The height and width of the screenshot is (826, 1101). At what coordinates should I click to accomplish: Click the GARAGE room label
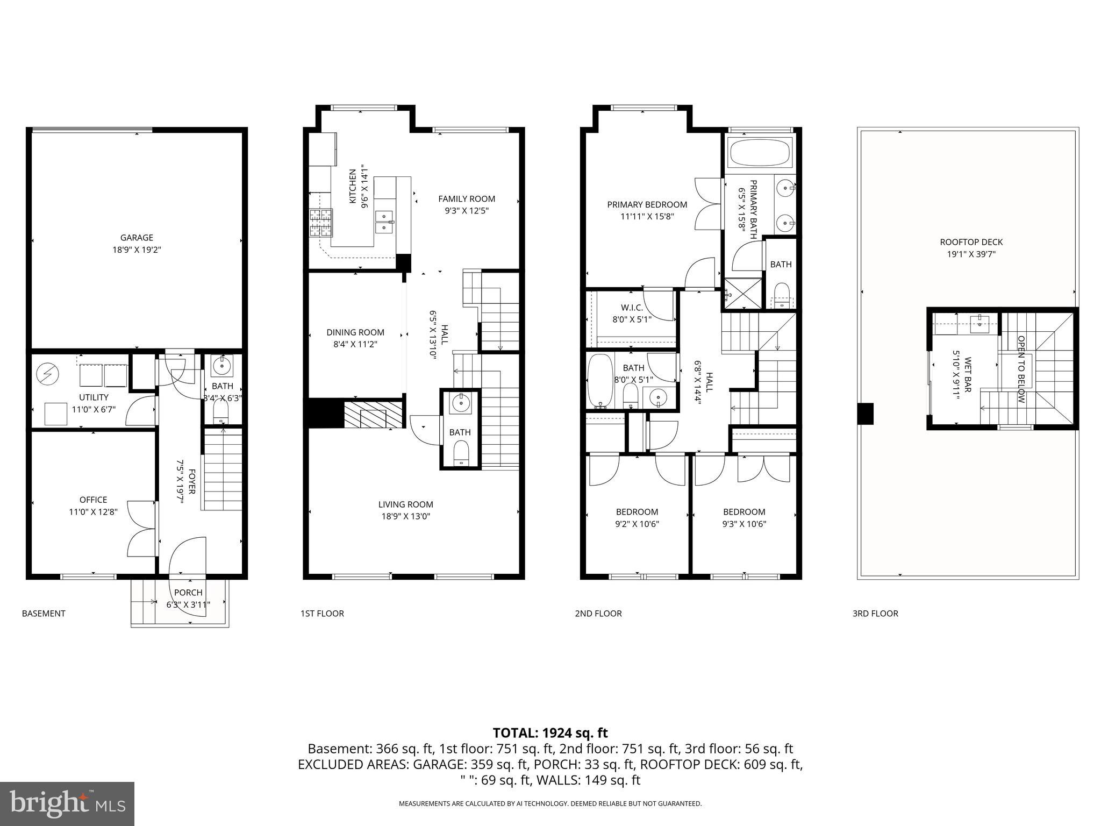(x=137, y=237)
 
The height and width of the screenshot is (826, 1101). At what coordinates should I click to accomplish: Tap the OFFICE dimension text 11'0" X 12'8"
(x=93, y=512)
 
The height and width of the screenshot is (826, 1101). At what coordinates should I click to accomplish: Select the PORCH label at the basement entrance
(x=188, y=592)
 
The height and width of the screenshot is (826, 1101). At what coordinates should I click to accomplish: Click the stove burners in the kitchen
(x=320, y=223)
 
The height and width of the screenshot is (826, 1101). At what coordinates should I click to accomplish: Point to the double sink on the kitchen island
(x=384, y=222)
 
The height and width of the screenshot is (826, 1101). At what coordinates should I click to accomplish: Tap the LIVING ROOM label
(x=405, y=504)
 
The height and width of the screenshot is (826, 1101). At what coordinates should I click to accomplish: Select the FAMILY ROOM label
(x=466, y=198)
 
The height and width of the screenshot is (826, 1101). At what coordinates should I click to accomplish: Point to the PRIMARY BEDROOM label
(x=647, y=204)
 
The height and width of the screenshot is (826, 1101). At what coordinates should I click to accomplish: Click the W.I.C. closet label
(x=632, y=308)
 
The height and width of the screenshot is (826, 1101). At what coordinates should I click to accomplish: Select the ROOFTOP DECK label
(x=971, y=242)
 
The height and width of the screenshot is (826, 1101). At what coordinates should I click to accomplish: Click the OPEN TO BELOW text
(x=1021, y=369)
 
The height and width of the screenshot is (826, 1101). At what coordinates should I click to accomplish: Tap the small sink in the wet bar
(x=980, y=322)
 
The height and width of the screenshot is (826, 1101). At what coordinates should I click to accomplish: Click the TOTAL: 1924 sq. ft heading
(x=550, y=732)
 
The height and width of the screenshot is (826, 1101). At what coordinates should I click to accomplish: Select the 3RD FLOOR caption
(x=875, y=613)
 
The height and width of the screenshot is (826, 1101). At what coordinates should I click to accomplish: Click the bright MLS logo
(x=67, y=804)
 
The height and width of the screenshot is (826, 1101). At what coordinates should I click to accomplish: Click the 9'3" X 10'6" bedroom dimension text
(x=744, y=524)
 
